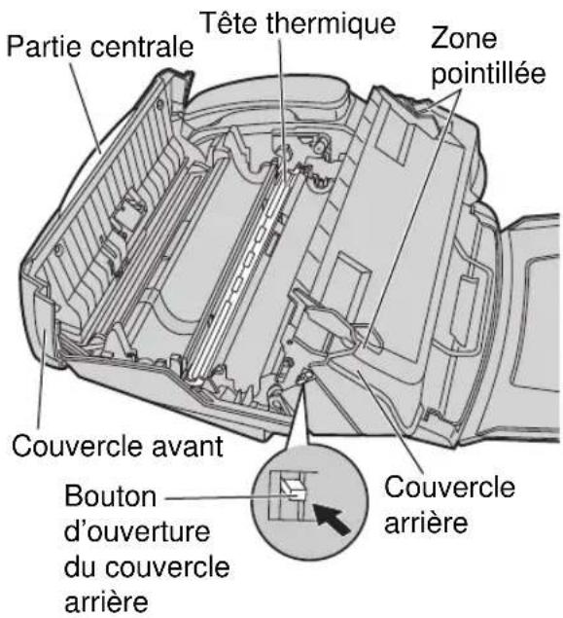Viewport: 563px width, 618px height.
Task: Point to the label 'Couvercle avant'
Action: coord(117,450)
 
